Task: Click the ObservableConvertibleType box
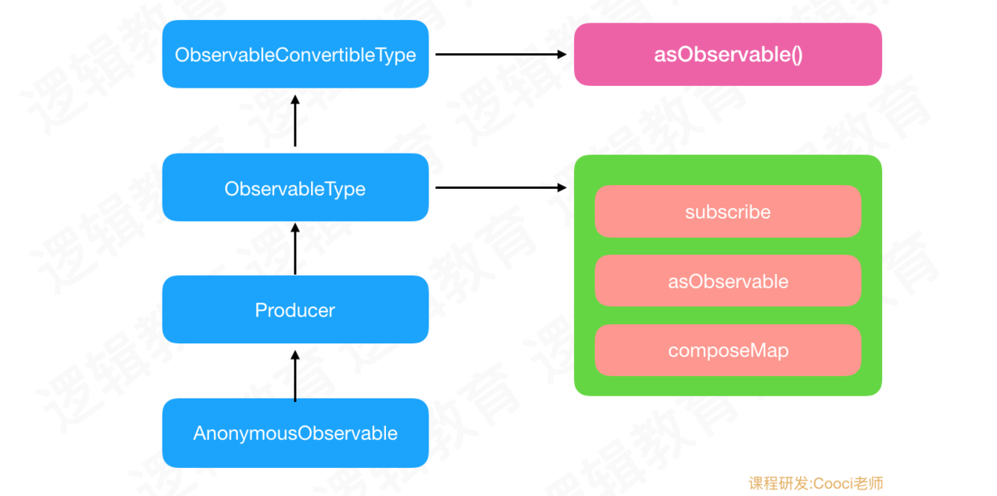[x=295, y=54]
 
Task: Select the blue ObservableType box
[x=295, y=187]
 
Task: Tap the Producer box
[x=295, y=309]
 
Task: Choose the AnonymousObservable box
[x=295, y=432]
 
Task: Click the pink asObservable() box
[x=728, y=55]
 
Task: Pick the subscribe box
[x=728, y=211]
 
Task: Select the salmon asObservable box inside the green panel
[x=728, y=281]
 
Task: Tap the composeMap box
[x=728, y=350]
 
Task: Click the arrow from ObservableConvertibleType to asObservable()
[x=501, y=55]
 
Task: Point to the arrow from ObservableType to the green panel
[x=501, y=188]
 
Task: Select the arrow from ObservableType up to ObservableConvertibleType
[x=295, y=121]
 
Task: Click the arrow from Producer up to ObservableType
[x=295, y=248]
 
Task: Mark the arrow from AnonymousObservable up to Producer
[x=295, y=376]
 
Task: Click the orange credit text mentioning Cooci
[x=815, y=483]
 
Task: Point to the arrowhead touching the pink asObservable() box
[x=562, y=55]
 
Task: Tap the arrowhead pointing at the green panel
[x=562, y=188]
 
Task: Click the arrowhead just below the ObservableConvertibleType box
[x=295, y=100]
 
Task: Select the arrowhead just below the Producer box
[x=295, y=355]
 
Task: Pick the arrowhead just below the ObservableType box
[x=295, y=228]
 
